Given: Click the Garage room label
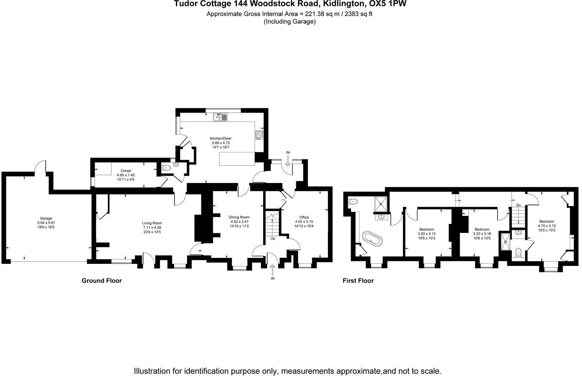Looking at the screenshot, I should [46, 218].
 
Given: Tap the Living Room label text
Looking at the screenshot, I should [152, 223].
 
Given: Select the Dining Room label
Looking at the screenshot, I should [239, 217].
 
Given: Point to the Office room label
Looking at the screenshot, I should [304, 217].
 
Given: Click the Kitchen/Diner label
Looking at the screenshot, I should [221, 138].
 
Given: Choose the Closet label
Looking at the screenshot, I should [126, 171].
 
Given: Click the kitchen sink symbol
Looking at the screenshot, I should [220, 117].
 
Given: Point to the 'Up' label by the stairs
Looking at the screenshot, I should [273, 238].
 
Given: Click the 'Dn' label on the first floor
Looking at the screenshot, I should [519, 205].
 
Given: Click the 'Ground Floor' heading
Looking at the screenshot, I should [102, 280].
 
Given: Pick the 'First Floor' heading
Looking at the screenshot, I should [358, 280].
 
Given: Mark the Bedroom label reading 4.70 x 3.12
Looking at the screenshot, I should [546, 226].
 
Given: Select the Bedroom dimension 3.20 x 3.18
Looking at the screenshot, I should [482, 234].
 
